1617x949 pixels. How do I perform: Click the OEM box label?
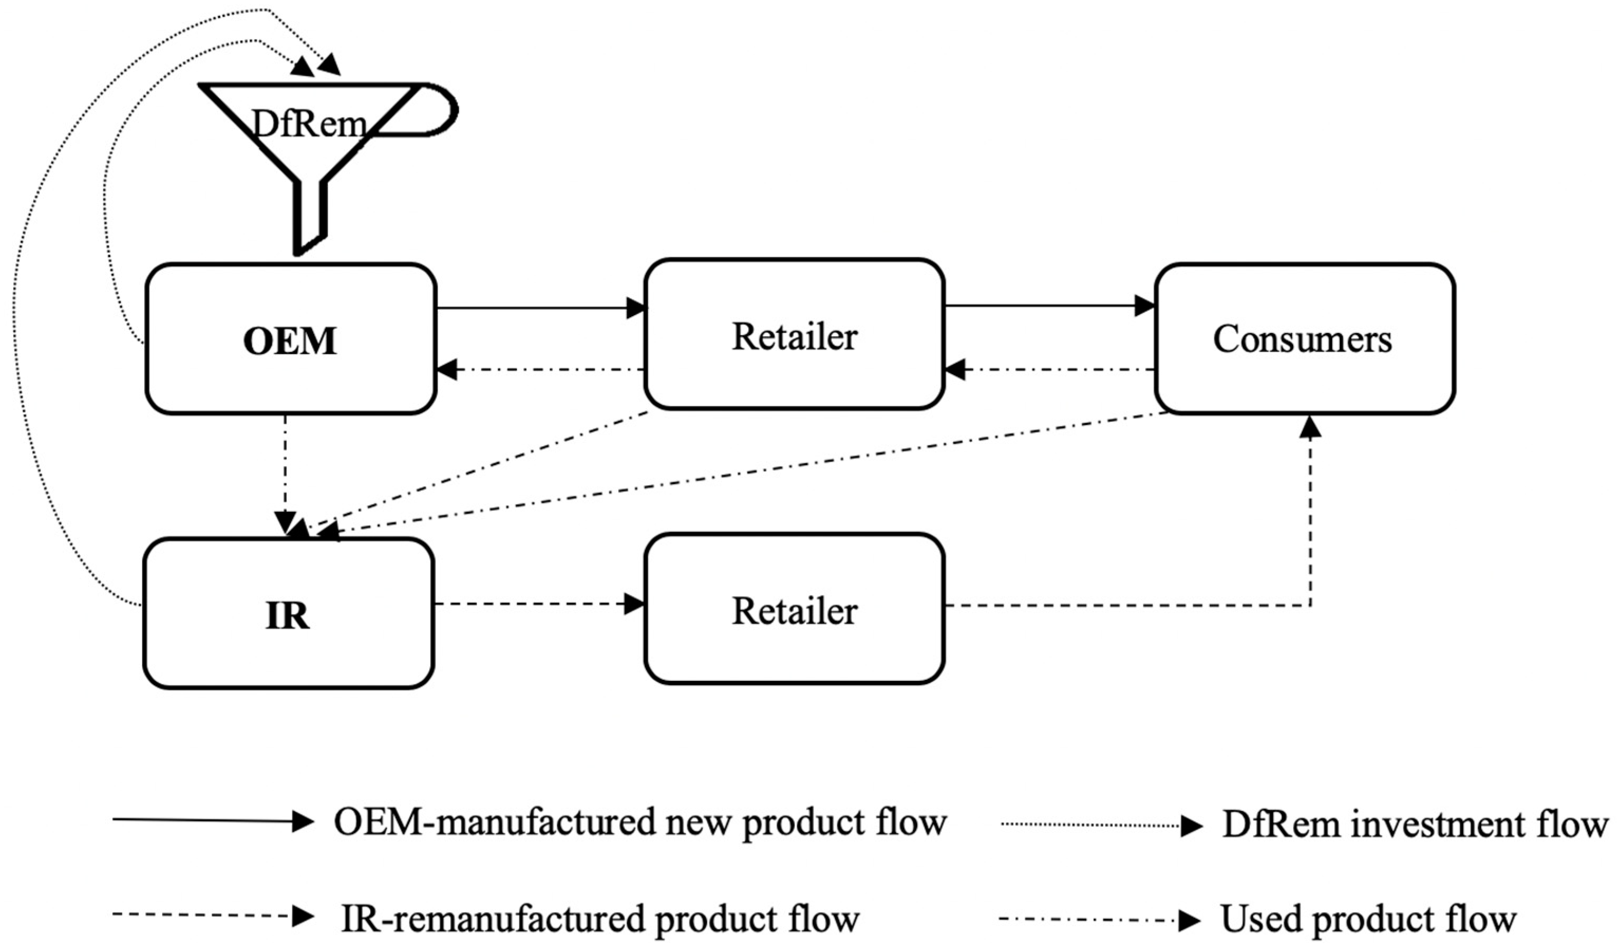pos(290,341)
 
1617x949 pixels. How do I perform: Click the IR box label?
pos(288,615)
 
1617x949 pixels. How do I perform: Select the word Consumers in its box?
pos(1302,339)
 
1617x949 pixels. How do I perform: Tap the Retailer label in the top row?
pos(795,336)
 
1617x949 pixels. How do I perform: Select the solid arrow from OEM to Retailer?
pos(539,308)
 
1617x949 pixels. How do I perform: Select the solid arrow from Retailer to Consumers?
pos(1049,306)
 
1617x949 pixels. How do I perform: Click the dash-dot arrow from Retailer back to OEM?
pos(539,369)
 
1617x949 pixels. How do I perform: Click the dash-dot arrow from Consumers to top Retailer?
pos(1049,369)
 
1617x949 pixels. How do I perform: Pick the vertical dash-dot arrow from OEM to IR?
pos(285,475)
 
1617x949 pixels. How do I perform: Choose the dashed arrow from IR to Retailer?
pos(539,604)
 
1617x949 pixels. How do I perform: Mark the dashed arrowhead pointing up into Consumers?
pos(1310,426)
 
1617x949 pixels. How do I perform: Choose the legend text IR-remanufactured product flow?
pos(600,918)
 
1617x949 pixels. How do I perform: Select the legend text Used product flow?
pos(1367,919)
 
